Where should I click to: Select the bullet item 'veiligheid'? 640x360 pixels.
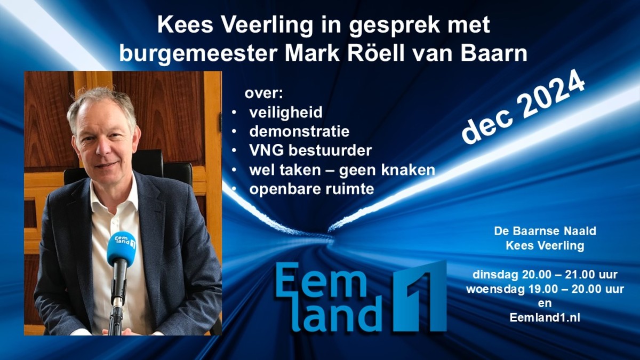pyautogui.click(x=286, y=113)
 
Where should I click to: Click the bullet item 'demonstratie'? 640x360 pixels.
pyautogui.click(x=299, y=131)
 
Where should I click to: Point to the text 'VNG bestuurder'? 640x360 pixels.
pyautogui.click(x=310, y=150)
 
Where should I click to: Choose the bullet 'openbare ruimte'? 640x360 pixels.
pyautogui.click(x=311, y=189)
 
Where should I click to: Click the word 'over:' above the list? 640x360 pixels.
pyautogui.click(x=263, y=94)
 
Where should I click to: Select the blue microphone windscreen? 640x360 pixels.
pyautogui.click(x=122, y=247)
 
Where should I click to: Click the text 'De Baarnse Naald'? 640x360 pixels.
pyautogui.click(x=545, y=231)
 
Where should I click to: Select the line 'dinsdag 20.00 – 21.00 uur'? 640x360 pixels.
pyautogui.click(x=545, y=275)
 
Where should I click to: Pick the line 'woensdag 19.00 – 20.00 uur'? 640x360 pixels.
pyautogui.click(x=545, y=289)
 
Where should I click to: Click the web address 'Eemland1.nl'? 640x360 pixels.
pyautogui.click(x=545, y=318)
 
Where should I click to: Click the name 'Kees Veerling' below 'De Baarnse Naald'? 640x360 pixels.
pyautogui.click(x=545, y=245)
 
